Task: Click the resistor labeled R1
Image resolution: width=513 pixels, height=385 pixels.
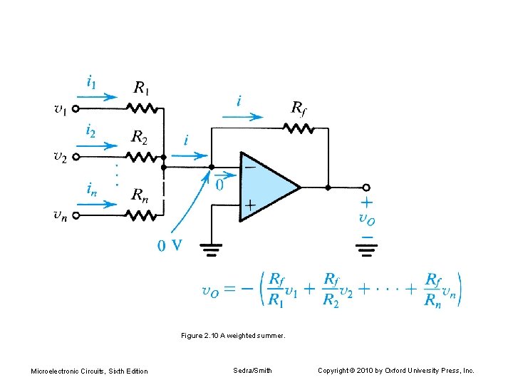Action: (x=140, y=109)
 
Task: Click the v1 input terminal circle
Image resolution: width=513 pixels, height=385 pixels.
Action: (x=76, y=109)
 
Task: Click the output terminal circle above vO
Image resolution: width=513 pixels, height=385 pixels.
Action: (x=367, y=188)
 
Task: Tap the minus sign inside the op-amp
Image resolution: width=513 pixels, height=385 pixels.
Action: (x=250, y=168)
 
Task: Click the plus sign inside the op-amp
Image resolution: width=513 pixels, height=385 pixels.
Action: (x=250, y=205)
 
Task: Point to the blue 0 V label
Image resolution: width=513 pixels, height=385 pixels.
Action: (x=169, y=246)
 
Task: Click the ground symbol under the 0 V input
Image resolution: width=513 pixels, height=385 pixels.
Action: (x=212, y=250)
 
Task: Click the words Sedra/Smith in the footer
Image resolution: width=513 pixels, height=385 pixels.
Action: (x=252, y=370)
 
